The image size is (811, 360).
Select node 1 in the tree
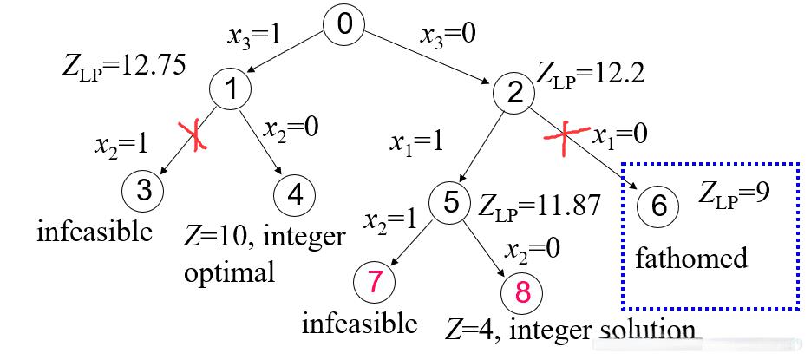[x=230, y=88]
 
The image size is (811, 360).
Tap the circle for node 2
[x=515, y=93]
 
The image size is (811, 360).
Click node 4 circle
[x=295, y=195]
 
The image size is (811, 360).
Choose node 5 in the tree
[x=450, y=202]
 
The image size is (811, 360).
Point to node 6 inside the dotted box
[x=658, y=206]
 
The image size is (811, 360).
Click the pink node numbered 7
[x=375, y=282]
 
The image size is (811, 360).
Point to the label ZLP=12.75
[x=123, y=66]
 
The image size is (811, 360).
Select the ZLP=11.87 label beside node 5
[x=538, y=206]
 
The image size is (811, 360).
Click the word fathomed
[x=690, y=259]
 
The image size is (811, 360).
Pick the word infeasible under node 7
[x=359, y=324]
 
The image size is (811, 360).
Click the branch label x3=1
[x=255, y=36]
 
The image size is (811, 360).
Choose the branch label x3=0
[x=448, y=36]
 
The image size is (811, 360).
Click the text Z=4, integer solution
[x=570, y=331]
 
